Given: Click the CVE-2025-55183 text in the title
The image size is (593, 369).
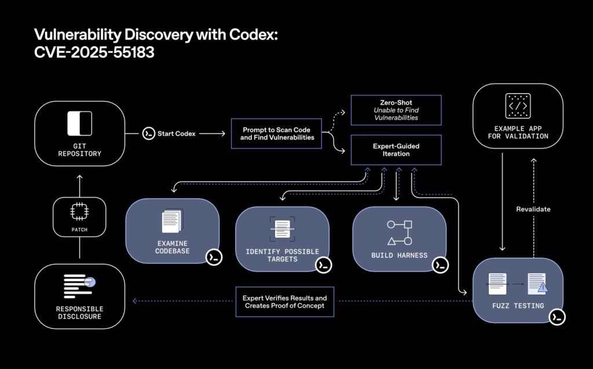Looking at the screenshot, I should (94, 52).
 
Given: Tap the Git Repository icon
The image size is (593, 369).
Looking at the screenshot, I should (79, 123).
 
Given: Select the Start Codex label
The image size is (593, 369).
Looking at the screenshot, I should (177, 134).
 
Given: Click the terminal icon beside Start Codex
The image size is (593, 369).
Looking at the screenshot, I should (149, 134).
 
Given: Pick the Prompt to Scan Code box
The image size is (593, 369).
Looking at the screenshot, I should (276, 134).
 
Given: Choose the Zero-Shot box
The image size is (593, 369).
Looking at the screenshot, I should (397, 110).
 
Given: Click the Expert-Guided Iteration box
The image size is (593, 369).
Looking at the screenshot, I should (397, 149).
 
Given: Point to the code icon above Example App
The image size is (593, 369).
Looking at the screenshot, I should (517, 107).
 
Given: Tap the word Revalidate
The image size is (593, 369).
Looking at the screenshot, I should (533, 209).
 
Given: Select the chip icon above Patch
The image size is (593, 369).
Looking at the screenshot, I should (79, 213).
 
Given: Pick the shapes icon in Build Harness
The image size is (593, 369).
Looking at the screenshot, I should (400, 232).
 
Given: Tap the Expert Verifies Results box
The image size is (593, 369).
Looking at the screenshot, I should (284, 301).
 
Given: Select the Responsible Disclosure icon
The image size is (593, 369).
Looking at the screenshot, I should (79, 284).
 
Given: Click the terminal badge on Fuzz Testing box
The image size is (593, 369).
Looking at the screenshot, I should (557, 317).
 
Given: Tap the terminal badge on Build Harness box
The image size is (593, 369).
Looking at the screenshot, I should (440, 265).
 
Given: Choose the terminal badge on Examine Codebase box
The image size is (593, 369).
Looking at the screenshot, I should (214, 257).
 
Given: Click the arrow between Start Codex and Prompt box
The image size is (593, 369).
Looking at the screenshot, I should (212, 134).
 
